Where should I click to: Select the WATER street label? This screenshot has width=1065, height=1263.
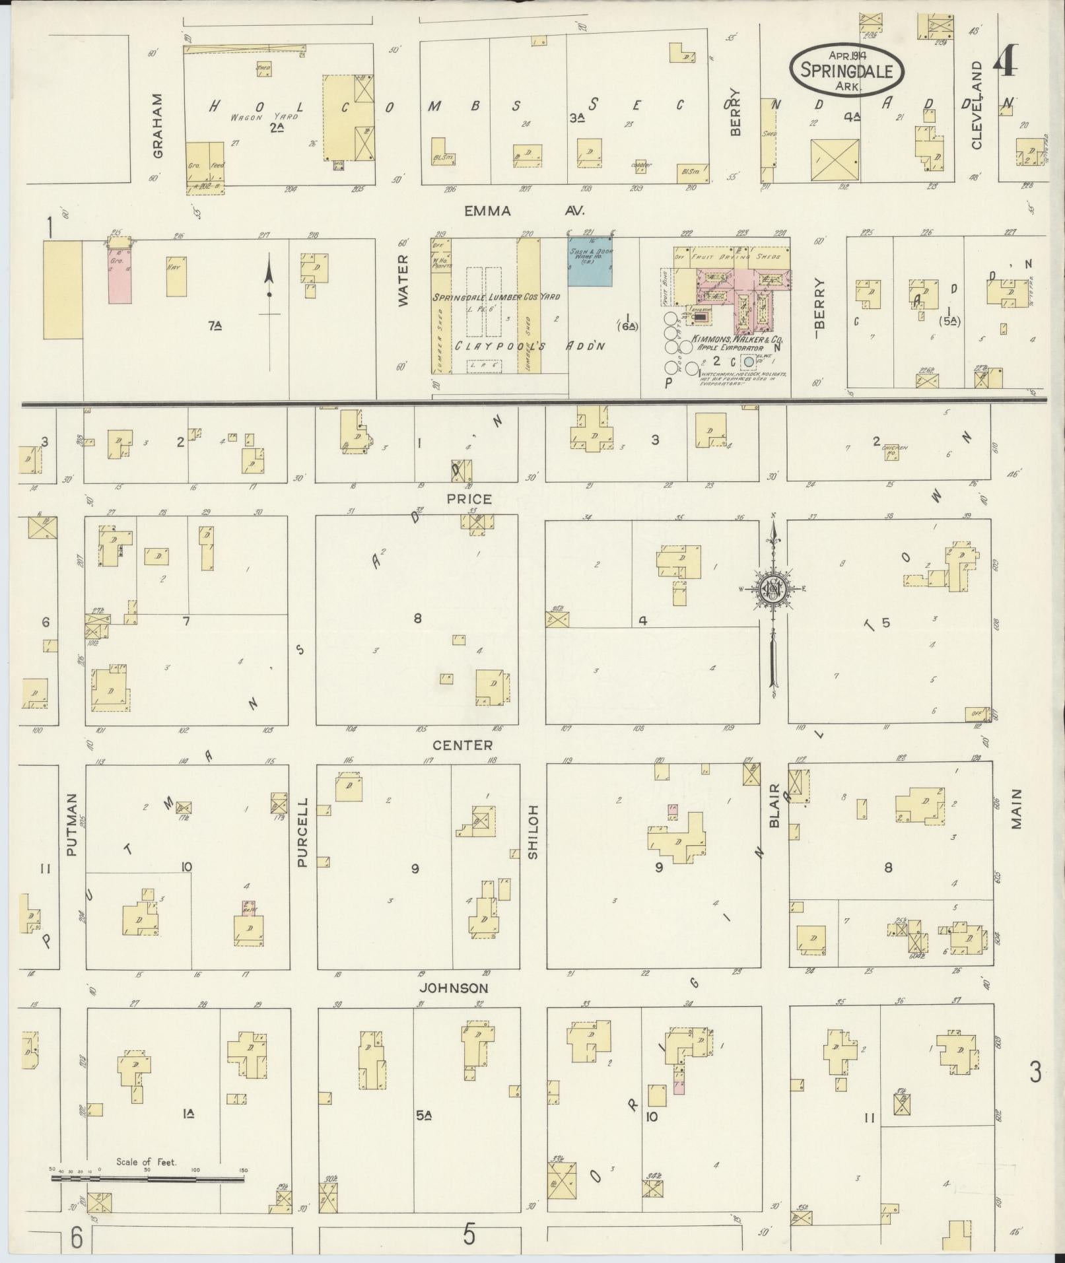(x=403, y=281)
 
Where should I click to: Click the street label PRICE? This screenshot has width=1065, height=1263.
(x=469, y=499)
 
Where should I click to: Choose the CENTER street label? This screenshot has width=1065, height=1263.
(x=462, y=745)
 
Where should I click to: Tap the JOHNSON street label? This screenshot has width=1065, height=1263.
(x=455, y=988)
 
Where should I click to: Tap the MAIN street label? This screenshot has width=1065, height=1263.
(x=1015, y=809)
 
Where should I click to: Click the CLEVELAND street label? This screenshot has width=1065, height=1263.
(x=977, y=106)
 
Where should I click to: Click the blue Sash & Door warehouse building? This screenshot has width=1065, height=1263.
(x=590, y=261)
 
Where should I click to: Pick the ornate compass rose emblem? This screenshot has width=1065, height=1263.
(x=773, y=588)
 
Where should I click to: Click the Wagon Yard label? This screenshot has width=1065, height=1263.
(x=264, y=117)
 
